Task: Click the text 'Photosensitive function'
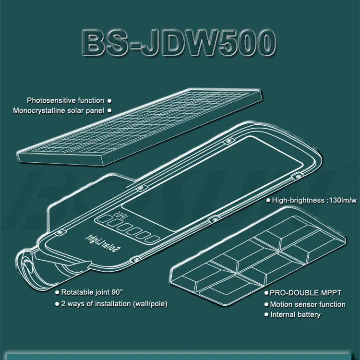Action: [65, 100]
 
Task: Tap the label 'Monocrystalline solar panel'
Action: [59, 110]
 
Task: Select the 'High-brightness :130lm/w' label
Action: [314, 200]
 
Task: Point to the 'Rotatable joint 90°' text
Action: [92, 292]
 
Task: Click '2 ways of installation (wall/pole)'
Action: [114, 303]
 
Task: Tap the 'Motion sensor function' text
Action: [307, 304]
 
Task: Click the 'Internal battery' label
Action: [295, 315]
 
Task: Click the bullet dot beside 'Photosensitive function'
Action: [109, 101]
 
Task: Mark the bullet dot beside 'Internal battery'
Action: [266, 315]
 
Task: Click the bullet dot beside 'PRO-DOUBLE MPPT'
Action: [266, 292]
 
